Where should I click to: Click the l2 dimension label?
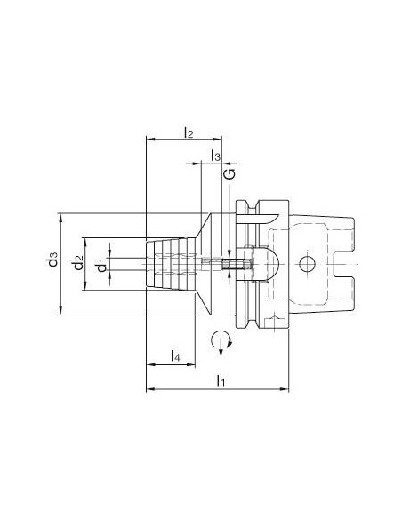tap(189, 132)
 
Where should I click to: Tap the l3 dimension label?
tap(215, 156)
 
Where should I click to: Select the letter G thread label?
tap(231, 174)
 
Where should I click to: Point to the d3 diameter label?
tap(52, 259)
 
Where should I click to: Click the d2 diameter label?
tap(78, 263)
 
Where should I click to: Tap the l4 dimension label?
tap(175, 355)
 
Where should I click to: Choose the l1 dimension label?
tap(221, 380)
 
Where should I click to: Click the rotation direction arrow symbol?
tap(221, 342)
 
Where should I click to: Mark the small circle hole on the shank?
tap(307, 264)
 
